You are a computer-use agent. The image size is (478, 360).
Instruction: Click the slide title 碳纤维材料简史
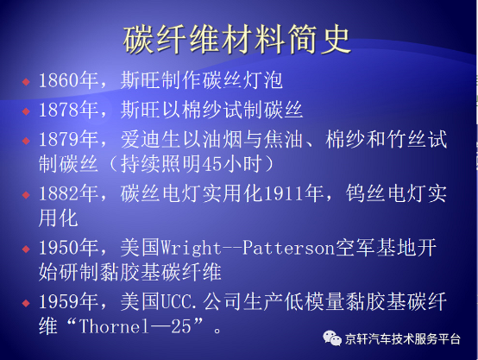(x=236, y=40)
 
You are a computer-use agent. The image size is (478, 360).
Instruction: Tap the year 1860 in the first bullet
(x=59, y=80)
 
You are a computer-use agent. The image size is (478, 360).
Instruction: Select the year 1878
(x=59, y=110)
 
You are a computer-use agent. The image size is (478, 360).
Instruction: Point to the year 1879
(x=59, y=139)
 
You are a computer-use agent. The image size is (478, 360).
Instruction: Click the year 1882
(x=59, y=193)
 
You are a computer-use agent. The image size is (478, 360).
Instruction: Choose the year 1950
(x=59, y=248)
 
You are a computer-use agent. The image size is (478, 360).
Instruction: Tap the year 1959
(x=59, y=301)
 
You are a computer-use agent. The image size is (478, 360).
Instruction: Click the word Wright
(x=192, y=249)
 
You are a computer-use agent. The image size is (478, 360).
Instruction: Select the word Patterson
(x=289, y=248)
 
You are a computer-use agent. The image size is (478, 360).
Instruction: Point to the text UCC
(x=177, y=302)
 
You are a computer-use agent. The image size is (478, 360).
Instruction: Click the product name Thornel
(x=114, y=326)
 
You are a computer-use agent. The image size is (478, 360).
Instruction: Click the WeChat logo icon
(x=332, y=338)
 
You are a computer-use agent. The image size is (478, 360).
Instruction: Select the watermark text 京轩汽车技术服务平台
(x=402, y=339)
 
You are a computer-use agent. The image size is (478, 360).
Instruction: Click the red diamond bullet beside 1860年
(x=26, y=82)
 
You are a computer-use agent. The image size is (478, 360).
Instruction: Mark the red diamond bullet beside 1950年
(x=26, y=249)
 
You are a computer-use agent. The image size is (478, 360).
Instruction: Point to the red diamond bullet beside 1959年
(x=26, y=303)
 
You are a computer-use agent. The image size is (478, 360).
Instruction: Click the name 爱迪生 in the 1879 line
(x=151, y=139)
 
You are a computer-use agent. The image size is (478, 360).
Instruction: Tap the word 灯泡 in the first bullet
(x=263, y=80)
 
